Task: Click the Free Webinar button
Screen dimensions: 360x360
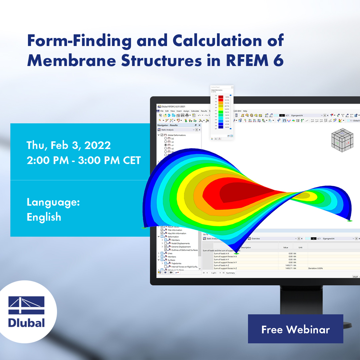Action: pyautogui.click(x=295, y=329)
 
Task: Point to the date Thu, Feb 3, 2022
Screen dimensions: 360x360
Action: pyautogui.click(x=69, y=145)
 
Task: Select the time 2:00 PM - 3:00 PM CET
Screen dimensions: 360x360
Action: pyautogui.click(x=84, y=160)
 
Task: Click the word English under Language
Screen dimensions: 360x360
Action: pyautogui.click(x=44, y=217)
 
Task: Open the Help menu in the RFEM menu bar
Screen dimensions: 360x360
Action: pyautogui.click(x=245, y=111)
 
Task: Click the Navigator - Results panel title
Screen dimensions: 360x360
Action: pyautogui.click(x=168, y=125)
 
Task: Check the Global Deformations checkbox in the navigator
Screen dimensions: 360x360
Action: pyautogui.click(x=162, y=135)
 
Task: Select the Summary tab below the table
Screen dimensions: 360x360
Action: pyautogui.click(x=231, y=273)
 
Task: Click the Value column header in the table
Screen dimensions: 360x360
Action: pyautogui.click(x=285, y=247)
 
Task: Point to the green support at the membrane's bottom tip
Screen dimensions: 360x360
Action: pyautogui.click(x=236, y=253)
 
